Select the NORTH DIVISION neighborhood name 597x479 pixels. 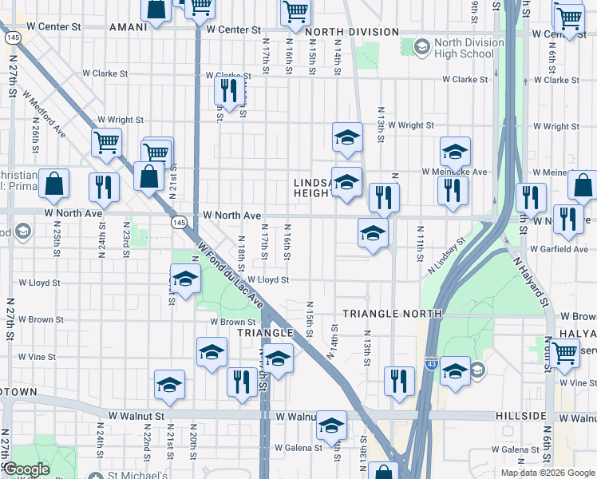coord(351,32)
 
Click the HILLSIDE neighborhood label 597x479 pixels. coord(520,417)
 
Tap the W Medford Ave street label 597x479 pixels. coord(45,117)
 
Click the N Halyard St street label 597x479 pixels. coord(532,281)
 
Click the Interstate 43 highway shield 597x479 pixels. coord(431,364)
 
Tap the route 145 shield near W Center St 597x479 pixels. coord(13,38)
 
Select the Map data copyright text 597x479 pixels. coord(548,473)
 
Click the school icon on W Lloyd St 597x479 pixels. coord(185,279)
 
